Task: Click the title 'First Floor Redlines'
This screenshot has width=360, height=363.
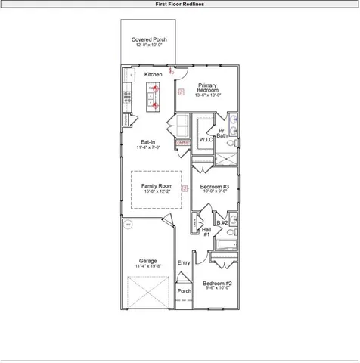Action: tap(179, 4)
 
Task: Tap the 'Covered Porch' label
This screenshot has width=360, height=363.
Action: tap(149, 39)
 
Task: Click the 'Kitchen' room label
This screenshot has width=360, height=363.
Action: tap(154, 75)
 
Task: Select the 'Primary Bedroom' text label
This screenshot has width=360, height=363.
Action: tap(207, 88)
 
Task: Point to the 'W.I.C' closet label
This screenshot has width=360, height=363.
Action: tap(206, 140)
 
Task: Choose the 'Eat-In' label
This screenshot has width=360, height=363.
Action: tap(148, 142)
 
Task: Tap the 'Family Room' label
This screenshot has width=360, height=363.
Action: tap(157, 186)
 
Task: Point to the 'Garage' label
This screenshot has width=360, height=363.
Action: tap(147, 261)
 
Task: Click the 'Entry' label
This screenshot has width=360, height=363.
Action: tap(184, 262)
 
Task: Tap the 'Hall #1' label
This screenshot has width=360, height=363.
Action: tap(206, 231)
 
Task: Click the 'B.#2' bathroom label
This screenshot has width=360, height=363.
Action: tap(222, 222)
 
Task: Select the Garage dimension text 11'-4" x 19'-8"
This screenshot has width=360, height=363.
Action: tap(147, 266)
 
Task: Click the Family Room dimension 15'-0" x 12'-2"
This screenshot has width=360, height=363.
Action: tap(157, 191)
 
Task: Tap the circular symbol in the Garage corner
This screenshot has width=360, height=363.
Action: tap(128, 225)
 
